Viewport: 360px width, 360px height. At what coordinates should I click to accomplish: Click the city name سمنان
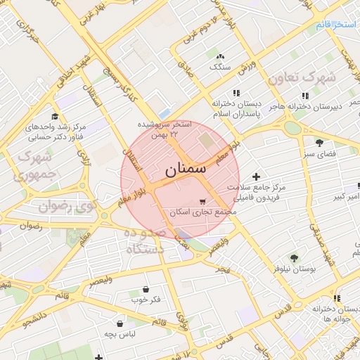point(186,169)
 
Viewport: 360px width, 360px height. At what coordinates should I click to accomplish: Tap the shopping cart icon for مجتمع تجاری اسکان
point(203,201)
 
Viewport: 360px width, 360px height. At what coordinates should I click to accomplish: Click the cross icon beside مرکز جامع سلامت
point(256,176)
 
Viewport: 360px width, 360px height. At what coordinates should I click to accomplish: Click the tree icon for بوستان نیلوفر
point(294,258)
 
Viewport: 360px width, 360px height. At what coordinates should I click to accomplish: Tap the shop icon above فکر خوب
point(146,289)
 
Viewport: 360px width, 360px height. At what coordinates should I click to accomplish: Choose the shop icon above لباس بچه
point(120,324)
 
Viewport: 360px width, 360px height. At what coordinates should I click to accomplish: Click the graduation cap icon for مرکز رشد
point(55,117)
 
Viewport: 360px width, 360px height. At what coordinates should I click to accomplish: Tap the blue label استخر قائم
point(337,25)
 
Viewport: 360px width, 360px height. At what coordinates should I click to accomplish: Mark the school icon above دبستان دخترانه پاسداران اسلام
point(236,93)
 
